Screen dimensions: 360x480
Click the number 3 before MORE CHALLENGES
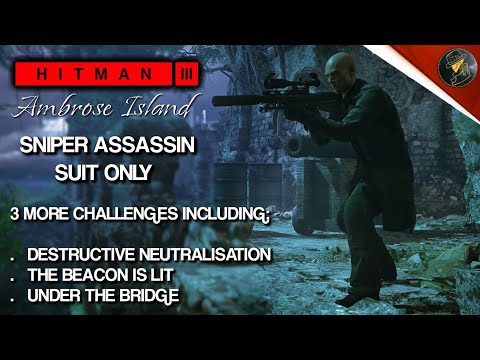tap(13, 214)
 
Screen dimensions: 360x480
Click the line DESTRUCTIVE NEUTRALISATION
tap(149, 254)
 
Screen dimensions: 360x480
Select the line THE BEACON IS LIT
tap(98, 273)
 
